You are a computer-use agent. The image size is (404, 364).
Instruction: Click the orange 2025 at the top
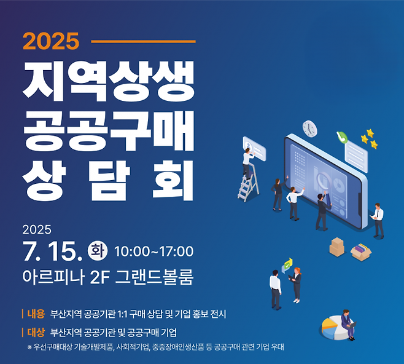click(x=52, y=41)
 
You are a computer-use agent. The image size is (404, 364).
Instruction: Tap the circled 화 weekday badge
click(x=98, y=250)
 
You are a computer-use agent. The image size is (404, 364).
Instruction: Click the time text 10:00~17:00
click(x=153, y=251)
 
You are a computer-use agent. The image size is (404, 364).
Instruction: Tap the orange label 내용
click(x=36, y=314)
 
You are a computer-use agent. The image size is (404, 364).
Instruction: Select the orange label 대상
click(x=36, y=333)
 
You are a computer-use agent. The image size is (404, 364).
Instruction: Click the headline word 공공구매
click(x=109, y=127)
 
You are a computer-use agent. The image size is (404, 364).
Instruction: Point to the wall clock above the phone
click(x=310, y=129)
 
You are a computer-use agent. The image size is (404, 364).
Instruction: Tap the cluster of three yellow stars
click(x=369, y=139)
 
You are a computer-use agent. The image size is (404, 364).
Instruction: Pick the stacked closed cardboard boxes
click(x=336, y=247)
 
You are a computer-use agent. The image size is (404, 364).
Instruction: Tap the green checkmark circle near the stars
click(x=342, y=137)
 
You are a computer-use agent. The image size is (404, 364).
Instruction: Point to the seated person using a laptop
click(x=348, y=323)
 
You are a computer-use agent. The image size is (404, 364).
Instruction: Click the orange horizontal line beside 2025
click(x=142, y=41)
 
